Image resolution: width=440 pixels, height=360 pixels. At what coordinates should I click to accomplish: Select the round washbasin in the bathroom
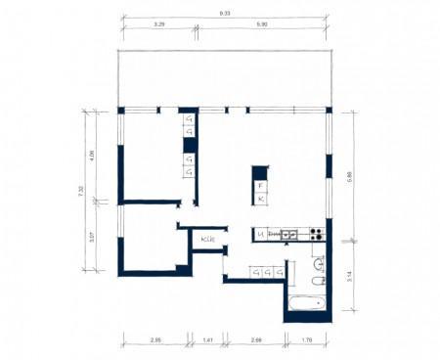319,263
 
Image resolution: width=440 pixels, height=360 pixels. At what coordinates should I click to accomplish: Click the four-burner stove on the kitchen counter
317,234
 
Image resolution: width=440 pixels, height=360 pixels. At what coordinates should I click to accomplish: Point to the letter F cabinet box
260,185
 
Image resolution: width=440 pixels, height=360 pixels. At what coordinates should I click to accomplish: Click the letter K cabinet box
260,200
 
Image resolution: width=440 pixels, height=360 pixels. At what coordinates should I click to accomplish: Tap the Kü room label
207,239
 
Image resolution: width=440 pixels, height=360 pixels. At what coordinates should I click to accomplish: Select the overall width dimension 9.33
226,14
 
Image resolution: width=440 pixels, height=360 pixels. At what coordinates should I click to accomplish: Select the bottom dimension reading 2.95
154,339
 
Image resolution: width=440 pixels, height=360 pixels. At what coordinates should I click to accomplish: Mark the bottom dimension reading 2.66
255,339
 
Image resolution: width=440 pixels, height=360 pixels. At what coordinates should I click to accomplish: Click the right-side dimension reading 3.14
350,278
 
